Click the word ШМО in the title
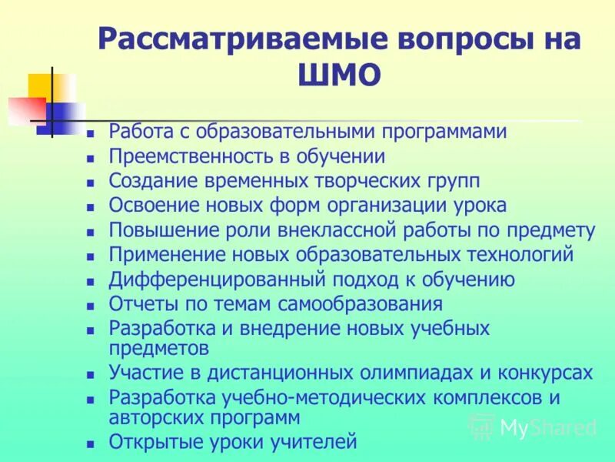click(338, 75)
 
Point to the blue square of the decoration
click(61, 117)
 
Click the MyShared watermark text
click(547, 427)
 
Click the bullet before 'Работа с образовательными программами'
click(90, 133)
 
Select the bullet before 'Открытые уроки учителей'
click(90, 444)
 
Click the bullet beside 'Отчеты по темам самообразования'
click(90, 306)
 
